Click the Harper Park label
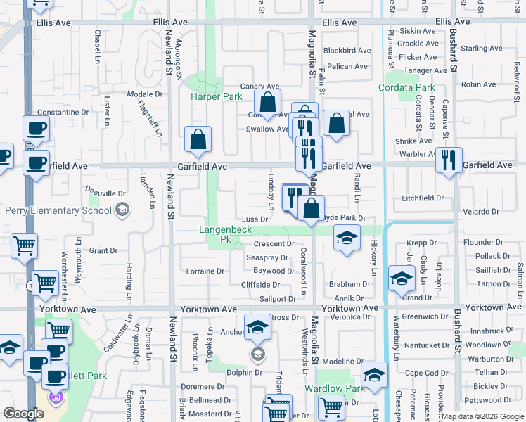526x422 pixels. pos(216,96)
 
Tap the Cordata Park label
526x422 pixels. pos(406,88)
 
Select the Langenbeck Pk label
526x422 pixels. pos(226,235)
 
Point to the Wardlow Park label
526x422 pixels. pos(334,388)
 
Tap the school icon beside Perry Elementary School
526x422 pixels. pos(122,210)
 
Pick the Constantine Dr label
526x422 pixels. pos(63,112)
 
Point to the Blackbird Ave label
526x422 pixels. pos(347,51)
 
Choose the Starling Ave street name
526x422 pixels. pos(482,49)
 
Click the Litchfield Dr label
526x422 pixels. pos(423,198)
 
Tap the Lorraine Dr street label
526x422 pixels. pos(205,271)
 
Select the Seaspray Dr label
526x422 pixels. pos(267,257)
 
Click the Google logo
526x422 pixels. pos(23,414)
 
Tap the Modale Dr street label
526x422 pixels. pos(145,94)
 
